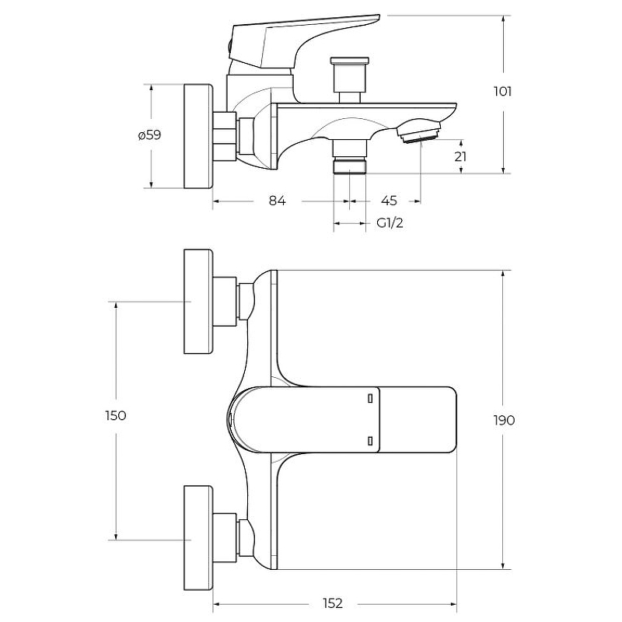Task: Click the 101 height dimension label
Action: click(x=502, y=92)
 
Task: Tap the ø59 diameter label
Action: click(x=149, y=135)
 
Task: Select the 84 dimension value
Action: click(x=278, y=201)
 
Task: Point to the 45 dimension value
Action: click(x=389, y=201)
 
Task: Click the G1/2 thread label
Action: click(x=390, y=223)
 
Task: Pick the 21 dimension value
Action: click(x=460, y=157)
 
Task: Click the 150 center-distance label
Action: click(x=116, y=416)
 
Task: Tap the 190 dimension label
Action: click(x=504, y=420)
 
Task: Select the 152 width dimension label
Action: click(x=333, y=603)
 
